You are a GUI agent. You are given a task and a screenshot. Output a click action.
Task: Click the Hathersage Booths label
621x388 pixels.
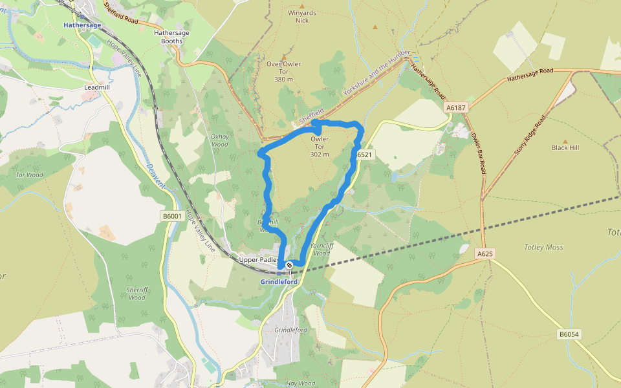pos(168,36)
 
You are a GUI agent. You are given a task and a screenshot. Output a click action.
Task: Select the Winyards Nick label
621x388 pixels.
pos(302,16)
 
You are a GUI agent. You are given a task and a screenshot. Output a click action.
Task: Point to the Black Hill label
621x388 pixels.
pos(565,147)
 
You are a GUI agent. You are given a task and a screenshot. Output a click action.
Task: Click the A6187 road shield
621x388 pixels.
pos(455,107)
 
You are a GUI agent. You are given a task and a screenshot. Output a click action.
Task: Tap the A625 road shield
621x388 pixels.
pos(485,254)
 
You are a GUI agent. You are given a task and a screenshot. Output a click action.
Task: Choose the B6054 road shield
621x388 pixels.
pos(569,334)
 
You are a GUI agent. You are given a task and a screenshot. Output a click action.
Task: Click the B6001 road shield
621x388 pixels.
pos(171,216)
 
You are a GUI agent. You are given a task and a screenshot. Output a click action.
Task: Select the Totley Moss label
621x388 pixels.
pos(543,247)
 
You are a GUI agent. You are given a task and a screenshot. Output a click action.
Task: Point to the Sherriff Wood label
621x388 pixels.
pos(136,294)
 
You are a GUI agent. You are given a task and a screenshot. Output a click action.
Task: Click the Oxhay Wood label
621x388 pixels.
pos(220,140)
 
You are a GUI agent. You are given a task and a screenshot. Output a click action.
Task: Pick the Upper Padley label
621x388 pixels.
pos(259,260)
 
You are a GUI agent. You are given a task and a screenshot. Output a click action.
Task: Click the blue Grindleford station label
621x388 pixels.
pos(279,282)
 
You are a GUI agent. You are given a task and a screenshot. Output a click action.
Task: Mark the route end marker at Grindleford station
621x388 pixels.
pos(289,265)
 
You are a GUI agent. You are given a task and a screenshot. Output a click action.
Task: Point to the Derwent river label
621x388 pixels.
pos(156,175)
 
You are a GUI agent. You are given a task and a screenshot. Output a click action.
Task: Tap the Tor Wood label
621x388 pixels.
pos(30,175)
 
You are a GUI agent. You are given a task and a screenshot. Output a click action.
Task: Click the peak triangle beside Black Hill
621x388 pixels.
pos(565,140)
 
